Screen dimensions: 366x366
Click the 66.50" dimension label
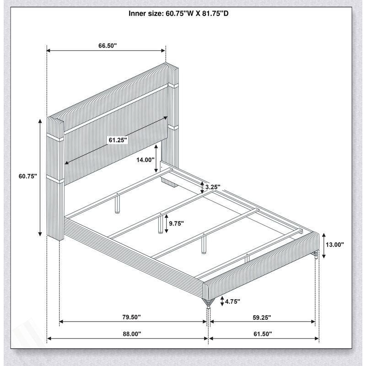[x=108, y=45]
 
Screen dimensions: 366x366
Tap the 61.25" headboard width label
[x=118, y=140]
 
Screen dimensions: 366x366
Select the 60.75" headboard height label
[x=28, y=176]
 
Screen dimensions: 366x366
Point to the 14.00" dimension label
[x=145, y=160]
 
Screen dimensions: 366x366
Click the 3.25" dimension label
[x=213, y=187]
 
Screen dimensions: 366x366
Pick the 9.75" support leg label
[x=177, y=224]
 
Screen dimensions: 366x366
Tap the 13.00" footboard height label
[x=335, y=245]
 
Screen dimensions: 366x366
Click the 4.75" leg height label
[x=232, y=301]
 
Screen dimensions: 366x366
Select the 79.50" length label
[x=132, y=317]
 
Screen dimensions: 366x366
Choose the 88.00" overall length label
[x=132, y=334]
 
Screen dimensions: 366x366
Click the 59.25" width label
[x=262, y=318]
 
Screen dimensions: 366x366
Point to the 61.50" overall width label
[x=263, y=334]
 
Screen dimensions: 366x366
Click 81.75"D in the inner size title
[x=215, y=14]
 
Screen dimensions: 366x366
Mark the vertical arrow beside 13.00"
[x=324, y=246]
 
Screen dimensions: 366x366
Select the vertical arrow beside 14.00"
[x=156, y=158]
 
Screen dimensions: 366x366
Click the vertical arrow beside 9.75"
[x=166, y=224]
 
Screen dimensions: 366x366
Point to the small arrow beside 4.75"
[x=222, y=301]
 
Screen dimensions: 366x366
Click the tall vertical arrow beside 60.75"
[x=40, y=178]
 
